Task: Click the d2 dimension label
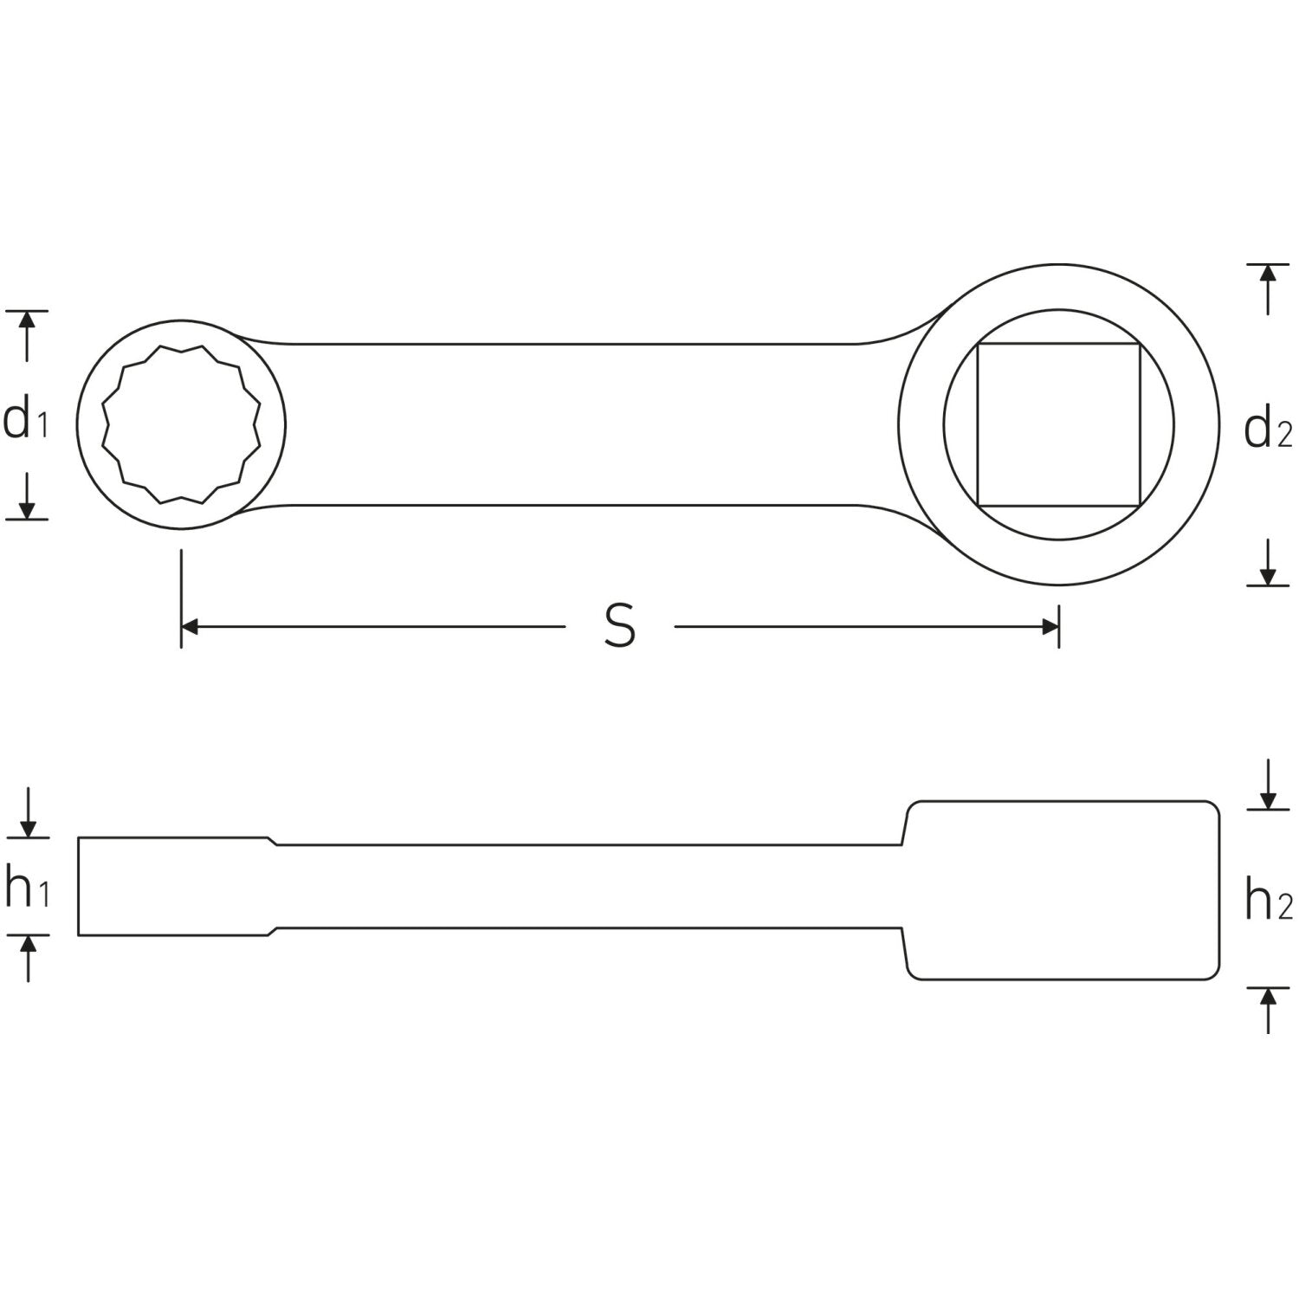click(x=1268, y=430)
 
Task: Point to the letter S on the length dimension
click(x=620, y=626)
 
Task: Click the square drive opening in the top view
click(x=1058, y=424)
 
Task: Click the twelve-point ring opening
click(x=181, y=424)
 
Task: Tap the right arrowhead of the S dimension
click(x=1050, y=627)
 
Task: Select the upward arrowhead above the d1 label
click(x=27, y=320)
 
